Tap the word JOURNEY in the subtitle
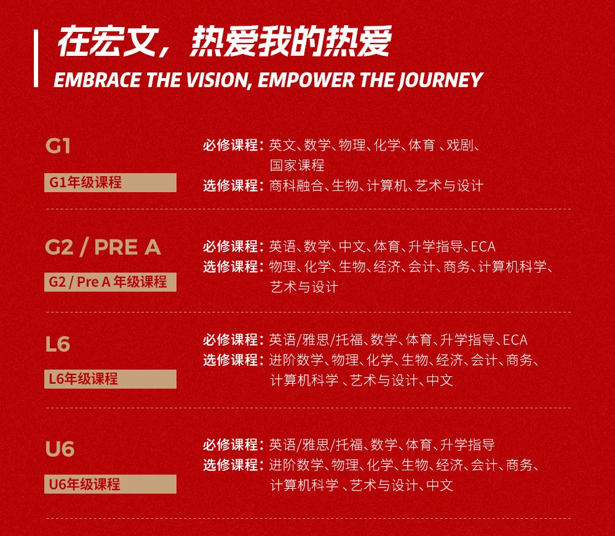point(441,80)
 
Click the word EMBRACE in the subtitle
point(98,80)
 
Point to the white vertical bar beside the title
point(36,58)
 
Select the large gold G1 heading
point(58,146)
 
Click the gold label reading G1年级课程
point(110,182)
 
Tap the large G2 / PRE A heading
point(103,247)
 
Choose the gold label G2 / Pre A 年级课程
point(110,282)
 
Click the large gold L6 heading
point(58,344)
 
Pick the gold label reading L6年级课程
point(110,379)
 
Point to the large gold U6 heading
point(60,449)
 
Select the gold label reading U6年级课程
point(110,484)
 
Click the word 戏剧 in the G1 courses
point(460,146)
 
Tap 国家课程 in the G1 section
point(297,165)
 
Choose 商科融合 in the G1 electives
point(296,185)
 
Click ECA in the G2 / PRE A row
point(483,247)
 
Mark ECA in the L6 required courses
point(515,340)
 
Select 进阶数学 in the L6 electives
point(296,360)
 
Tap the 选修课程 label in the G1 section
point(230,185)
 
